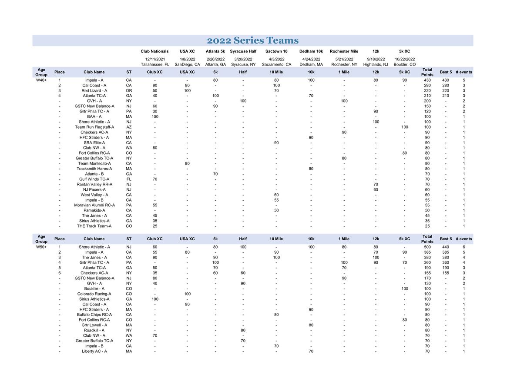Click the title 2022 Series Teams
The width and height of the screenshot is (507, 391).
[252, 41]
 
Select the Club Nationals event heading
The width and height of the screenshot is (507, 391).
[154, 51]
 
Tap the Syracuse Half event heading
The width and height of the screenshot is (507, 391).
[243, 51]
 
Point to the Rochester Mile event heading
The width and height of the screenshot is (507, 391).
[344, 51]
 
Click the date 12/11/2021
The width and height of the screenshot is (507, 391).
[155, 59]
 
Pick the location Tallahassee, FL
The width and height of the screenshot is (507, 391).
[155, 64]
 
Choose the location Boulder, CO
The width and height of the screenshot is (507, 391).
[404, 64]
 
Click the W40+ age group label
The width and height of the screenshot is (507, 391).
[41, 80]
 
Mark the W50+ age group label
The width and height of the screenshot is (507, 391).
[41, 247]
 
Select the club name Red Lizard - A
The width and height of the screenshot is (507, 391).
[94, 90]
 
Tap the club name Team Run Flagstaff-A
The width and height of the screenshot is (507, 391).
[94, 127]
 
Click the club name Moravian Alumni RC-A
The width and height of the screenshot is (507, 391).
[94, 205]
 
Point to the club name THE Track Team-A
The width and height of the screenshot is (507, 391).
[94, 226]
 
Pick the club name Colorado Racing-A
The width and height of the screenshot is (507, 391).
[94, 294]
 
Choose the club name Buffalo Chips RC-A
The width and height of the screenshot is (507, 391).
[94, 315]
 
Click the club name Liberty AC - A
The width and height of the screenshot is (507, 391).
[94, 351]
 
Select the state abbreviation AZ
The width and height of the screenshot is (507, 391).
[129, 127]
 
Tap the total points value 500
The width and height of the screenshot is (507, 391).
[427, 247]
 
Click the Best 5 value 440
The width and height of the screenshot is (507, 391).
[445, 247]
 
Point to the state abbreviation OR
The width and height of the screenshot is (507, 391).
[129, 90]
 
